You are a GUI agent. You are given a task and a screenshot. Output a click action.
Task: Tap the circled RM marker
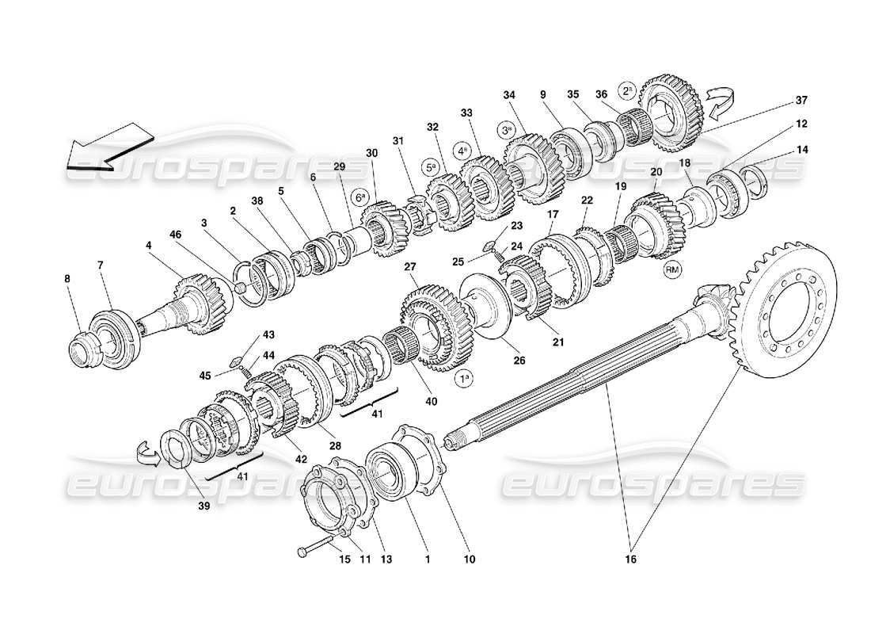click(672, 269)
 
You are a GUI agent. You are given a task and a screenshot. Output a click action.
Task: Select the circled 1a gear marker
click(466, 379)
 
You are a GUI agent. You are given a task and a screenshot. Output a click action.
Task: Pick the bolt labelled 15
click(315, 548)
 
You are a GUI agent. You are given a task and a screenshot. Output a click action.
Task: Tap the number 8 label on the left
click(67, 278)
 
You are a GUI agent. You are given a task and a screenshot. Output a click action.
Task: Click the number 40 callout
click(432, 401)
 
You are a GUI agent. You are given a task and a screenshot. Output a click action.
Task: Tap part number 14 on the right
click(803, 149)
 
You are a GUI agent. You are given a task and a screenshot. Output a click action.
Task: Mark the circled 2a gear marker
click(626, 90)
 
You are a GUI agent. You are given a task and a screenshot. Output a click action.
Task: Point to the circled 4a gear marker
click(461, 147)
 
